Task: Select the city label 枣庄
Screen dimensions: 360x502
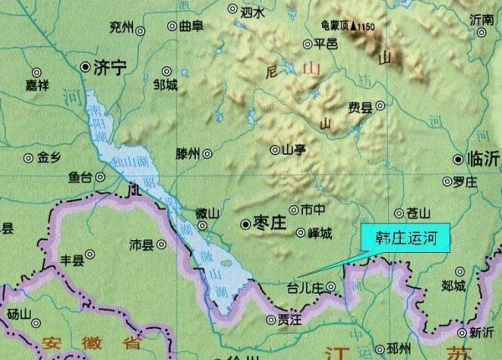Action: pos(269,225)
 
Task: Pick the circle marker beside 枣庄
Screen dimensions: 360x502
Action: pos(244,224)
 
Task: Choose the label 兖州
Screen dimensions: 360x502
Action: pos(121,28)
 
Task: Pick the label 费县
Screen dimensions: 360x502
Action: pos(361,106)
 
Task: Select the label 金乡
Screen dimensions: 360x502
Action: pos(49,157)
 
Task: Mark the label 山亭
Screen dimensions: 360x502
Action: pos(294,150)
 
